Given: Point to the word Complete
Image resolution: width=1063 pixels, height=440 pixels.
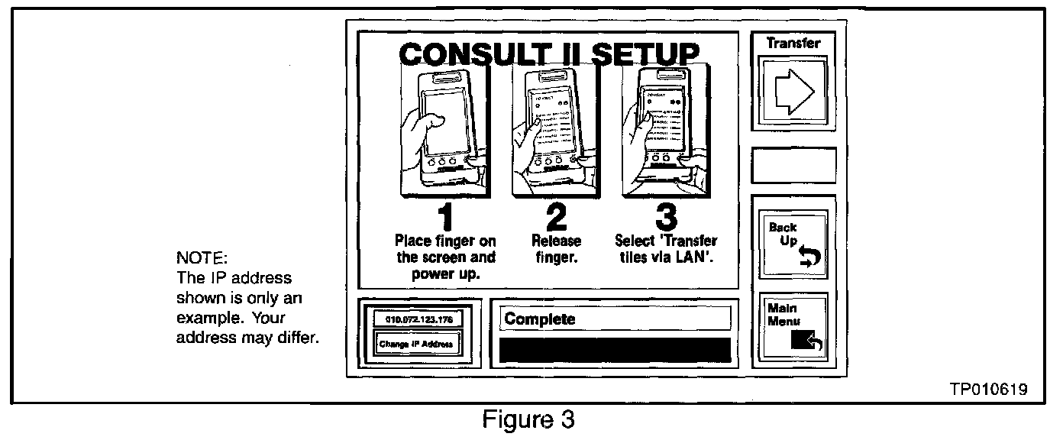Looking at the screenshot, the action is (540, 319).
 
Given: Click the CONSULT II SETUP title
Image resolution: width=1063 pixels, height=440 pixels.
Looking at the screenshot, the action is (548, 55).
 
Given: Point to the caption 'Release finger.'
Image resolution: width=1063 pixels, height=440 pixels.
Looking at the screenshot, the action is (556, 249).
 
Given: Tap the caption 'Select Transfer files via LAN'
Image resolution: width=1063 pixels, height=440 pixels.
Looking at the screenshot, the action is (666, 249).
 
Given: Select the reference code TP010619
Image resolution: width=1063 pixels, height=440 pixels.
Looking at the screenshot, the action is (988, 390).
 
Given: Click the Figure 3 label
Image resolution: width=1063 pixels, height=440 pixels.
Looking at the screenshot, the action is (528, 420).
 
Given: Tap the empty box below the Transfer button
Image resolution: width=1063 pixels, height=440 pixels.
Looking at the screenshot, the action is (793, 165).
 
